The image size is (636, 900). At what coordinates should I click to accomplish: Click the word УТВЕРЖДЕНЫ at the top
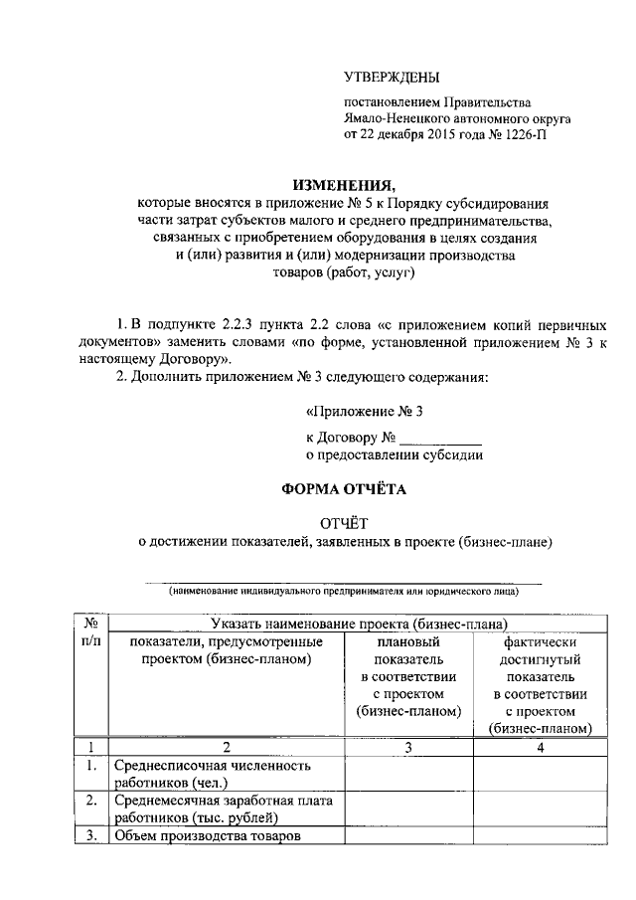pos(390,77)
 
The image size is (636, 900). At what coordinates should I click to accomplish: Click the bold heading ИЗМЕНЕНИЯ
pos(343,185)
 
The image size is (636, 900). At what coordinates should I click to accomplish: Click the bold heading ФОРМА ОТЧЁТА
pos(343,488)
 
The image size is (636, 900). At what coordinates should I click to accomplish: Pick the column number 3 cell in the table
pos(407,747)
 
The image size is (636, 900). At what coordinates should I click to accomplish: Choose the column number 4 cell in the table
pos(540,747)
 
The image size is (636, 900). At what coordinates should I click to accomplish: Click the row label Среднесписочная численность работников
pos(213,774)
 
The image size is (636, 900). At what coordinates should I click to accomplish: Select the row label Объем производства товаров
pos(207,835)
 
